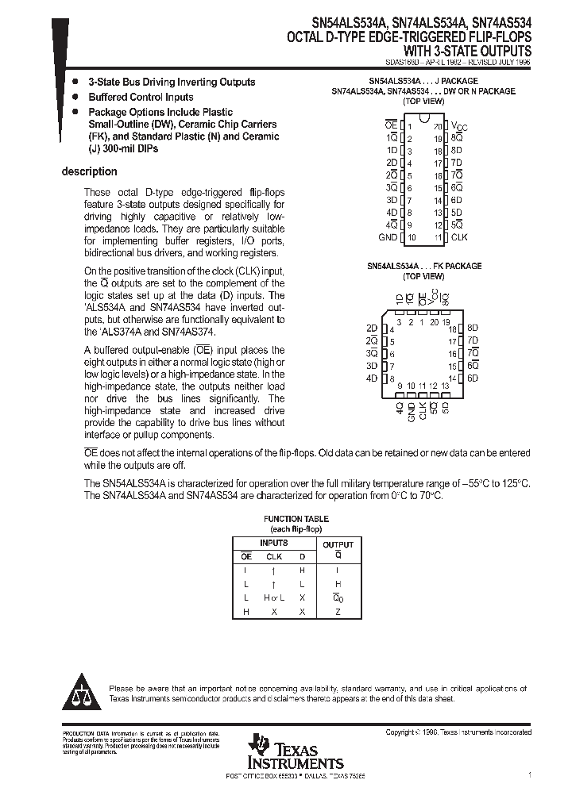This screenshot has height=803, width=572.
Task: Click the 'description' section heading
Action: [89, 171]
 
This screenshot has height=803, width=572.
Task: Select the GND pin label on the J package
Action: [387, 237]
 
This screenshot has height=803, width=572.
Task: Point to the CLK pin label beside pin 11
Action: [459, 237]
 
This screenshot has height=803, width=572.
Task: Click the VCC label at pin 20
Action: [459, 126]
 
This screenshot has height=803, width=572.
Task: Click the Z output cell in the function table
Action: [338, 612]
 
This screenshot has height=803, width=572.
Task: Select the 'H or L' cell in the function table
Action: [274, 597]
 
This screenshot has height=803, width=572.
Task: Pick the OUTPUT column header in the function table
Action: [338, 544]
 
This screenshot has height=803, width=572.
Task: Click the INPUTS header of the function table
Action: [274, 543]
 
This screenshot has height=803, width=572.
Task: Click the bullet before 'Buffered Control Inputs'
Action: [75, 97]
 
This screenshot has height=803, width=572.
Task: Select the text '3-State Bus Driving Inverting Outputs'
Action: [171, 82]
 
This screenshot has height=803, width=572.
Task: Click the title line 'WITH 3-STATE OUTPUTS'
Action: [472, 49]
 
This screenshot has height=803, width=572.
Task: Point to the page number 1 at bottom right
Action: [529, 774]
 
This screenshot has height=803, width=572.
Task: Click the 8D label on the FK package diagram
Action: [473, 328]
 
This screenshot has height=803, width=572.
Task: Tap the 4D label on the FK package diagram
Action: [371, 378]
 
